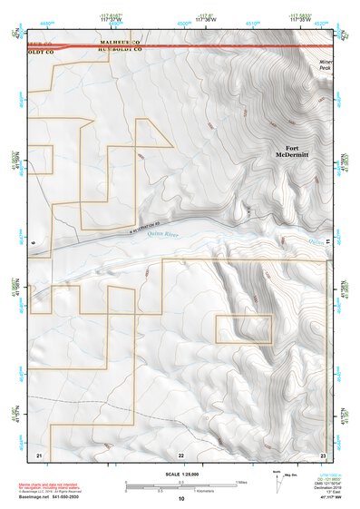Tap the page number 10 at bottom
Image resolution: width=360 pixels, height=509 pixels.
pos(181,498)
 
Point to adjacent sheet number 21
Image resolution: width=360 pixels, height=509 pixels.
pos(39,454)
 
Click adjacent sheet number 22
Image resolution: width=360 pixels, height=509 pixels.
pos(181,454)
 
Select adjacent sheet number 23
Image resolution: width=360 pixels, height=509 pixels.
pos(324,454)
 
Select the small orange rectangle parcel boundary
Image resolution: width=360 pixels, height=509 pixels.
pos(244,328)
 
